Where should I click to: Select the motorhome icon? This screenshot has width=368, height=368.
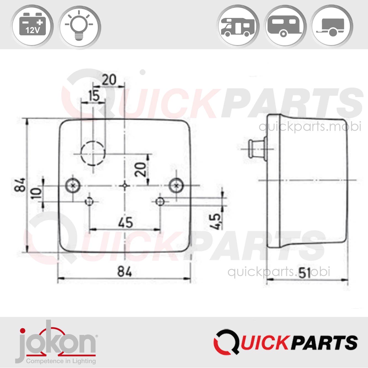(238, 27)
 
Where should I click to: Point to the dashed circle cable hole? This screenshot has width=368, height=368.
(93, 153)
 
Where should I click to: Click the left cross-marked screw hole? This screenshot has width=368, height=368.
(73, 186)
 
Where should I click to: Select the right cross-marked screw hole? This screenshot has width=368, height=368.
(176, 186)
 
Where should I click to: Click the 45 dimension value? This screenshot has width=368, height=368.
(125, 223)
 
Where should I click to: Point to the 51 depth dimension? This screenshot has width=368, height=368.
(305, 273)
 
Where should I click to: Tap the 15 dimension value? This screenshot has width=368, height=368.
(94, 96)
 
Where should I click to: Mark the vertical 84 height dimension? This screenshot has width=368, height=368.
(21, 185)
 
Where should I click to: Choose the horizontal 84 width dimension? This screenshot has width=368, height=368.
(125, 272)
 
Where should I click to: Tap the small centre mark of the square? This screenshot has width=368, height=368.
(125, 186)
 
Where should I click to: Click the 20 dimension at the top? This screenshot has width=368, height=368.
(109, 80)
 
